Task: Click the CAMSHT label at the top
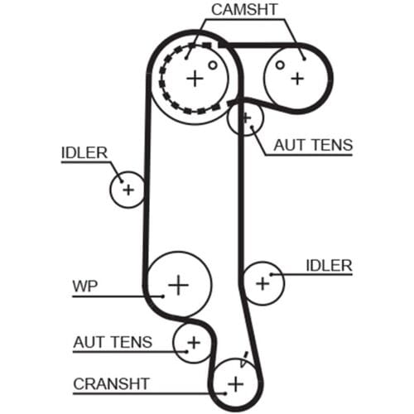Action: click(244, 10)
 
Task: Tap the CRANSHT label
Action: click(111, 384)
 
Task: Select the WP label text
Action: click(85, 286)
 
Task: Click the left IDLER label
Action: click(84, 153)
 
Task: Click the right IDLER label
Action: click(330, 266)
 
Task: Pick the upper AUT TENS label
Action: click(313, 145)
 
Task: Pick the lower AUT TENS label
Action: click(113, 342)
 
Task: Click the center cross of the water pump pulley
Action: click(179, 285)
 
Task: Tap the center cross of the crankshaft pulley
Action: click(236, 384)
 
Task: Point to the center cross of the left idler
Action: click(128, 190)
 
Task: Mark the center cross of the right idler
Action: click(262, 283)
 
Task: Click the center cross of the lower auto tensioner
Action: click(194, 343)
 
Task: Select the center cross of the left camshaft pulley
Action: click(195, 79)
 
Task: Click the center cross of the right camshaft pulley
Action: click(297, 79)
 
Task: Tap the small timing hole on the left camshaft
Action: click(213, 65)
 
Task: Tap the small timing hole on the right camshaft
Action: click(280, 65)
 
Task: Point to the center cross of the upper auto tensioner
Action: click(246, 118)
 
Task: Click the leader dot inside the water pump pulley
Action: click(163, 296)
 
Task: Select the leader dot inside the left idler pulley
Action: click(122, 181)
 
